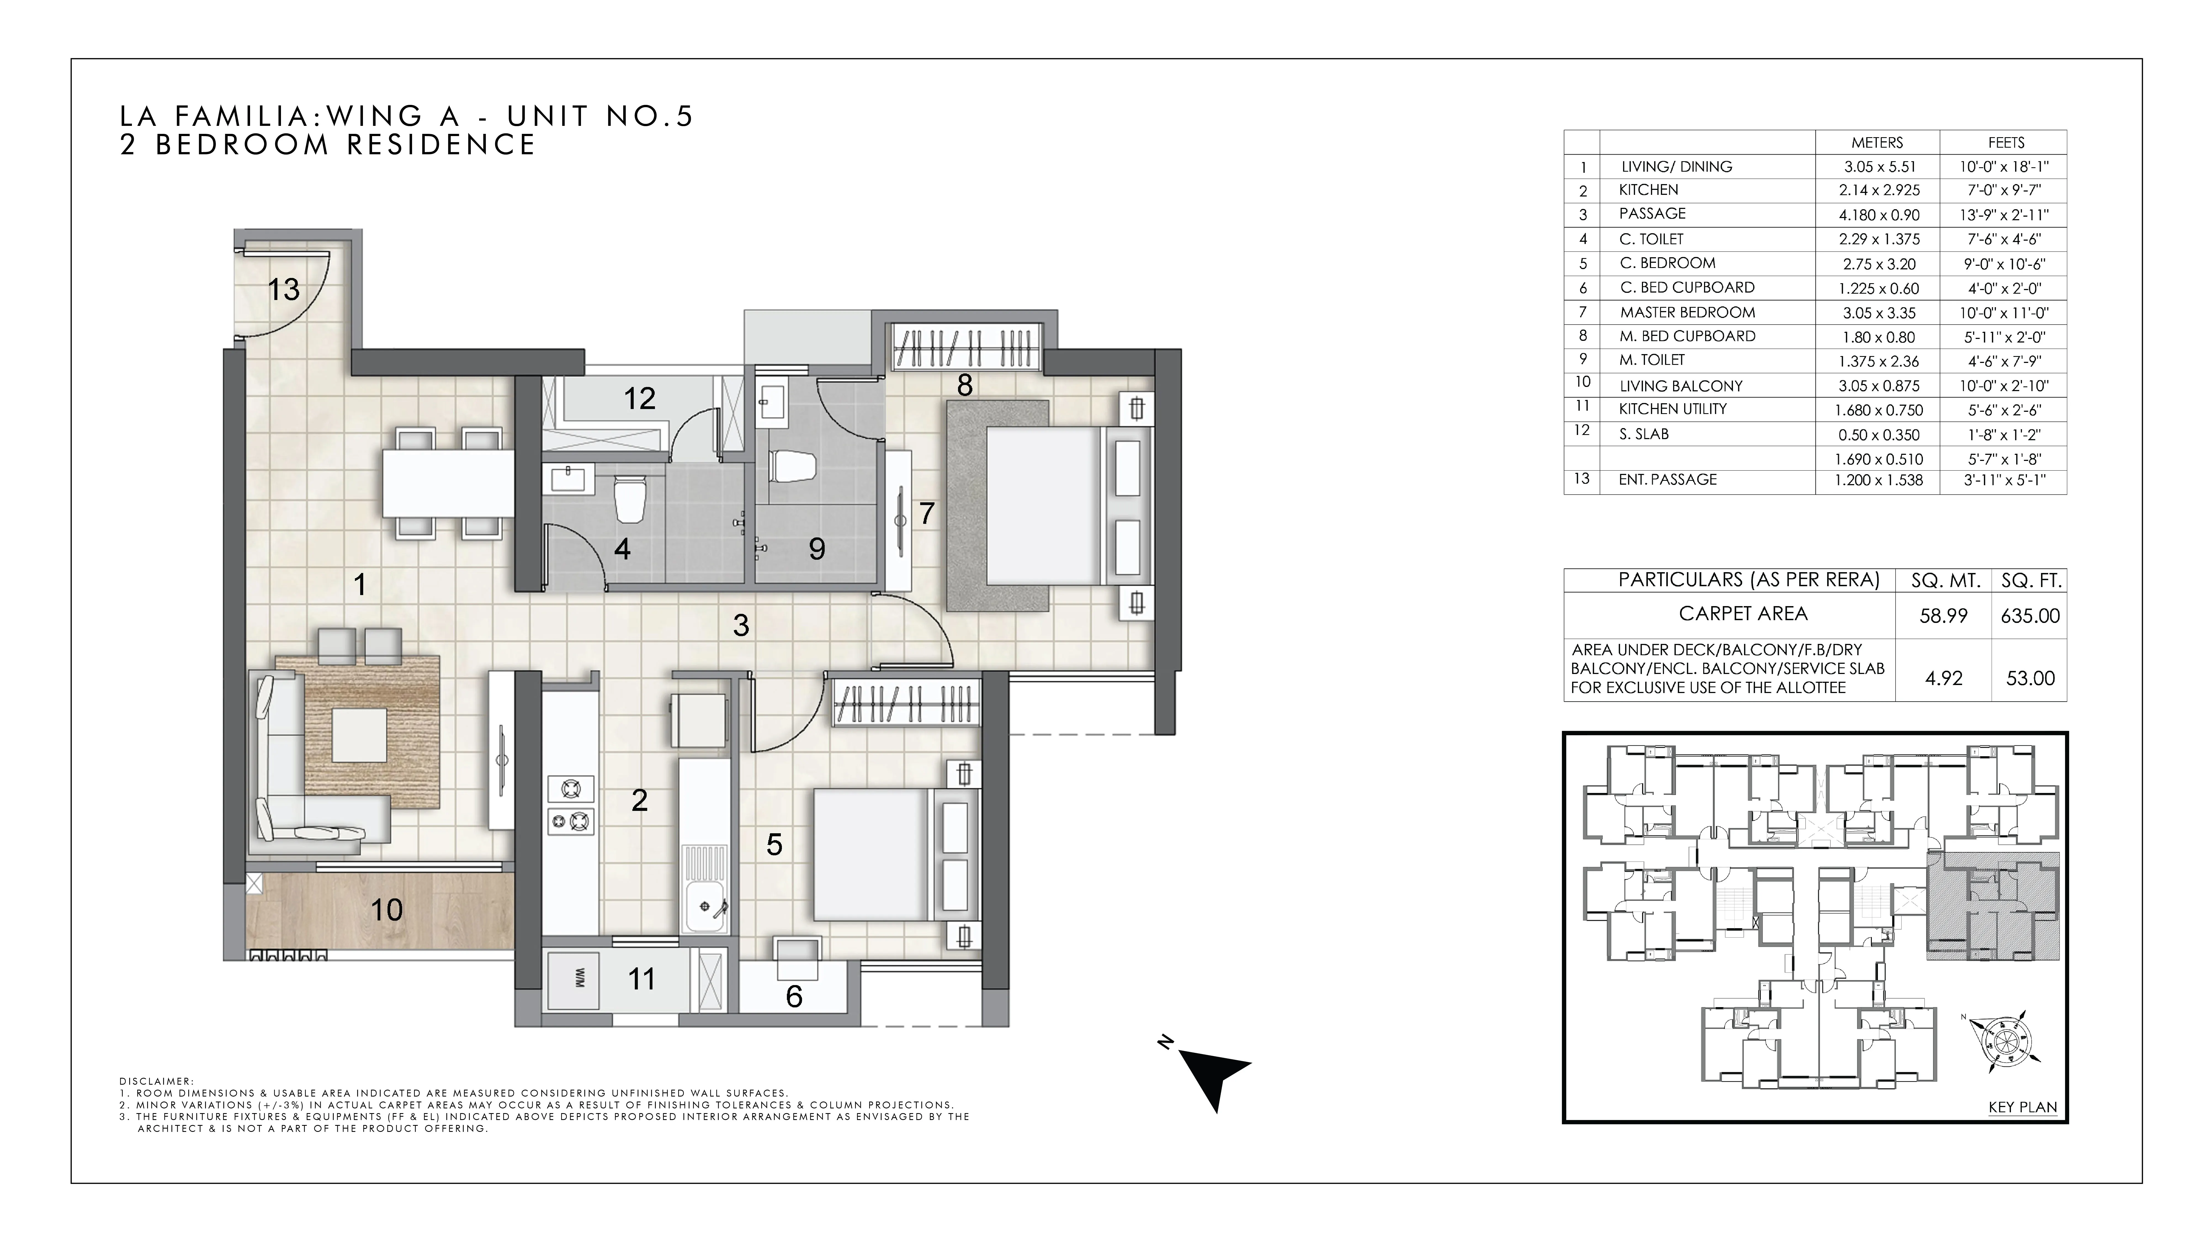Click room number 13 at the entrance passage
(x=284, y=290)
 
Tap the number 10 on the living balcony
(x=387, y=909)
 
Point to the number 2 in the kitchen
(x=639, y=801)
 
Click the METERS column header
(x=1877, y=142)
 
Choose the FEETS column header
(x=2006, y=142)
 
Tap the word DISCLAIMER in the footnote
(x=156, y=1082)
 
